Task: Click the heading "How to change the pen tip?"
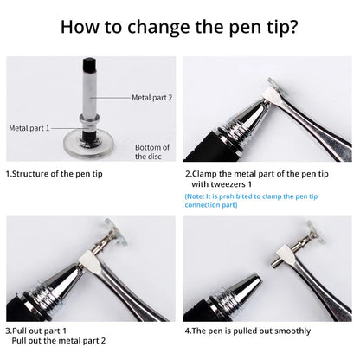(x=180, y=26)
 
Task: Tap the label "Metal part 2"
(x=152, y=98)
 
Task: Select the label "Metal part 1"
(x=30, y=127)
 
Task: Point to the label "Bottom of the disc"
(x=152, y=151)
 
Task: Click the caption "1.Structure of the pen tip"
(x=54, y=173)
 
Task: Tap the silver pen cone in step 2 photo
(x=234, y=125)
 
